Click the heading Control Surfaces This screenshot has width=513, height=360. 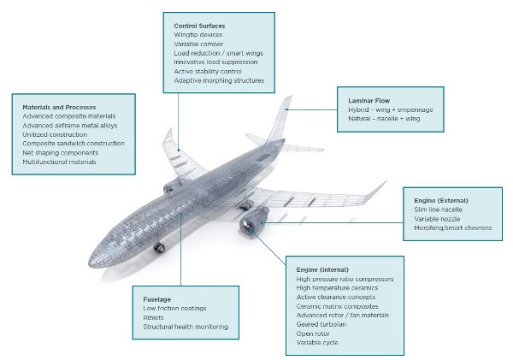(199, 26)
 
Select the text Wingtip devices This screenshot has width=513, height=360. (198, 35)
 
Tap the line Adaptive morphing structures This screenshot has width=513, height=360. (219, 80)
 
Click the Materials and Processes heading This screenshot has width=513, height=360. (59, 108)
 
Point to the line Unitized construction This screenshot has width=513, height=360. (55, 134)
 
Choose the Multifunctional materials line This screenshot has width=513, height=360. (59, 162)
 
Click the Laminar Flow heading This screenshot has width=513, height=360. (369, 101)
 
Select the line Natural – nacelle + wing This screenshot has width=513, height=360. (384, 119)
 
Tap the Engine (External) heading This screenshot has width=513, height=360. (440, 201)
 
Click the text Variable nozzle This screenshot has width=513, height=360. (437, 219)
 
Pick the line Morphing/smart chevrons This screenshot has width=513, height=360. (453, 228)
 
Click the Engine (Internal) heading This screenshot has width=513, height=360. (322, 270)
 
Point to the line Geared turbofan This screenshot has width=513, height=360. (321, 324)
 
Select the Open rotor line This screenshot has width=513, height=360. (313, 333)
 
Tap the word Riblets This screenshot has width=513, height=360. (153, 318)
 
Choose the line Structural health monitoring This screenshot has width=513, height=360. (186, 327)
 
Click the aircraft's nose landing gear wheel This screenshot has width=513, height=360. (159, 248)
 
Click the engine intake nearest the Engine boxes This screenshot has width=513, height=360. (247, 226)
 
